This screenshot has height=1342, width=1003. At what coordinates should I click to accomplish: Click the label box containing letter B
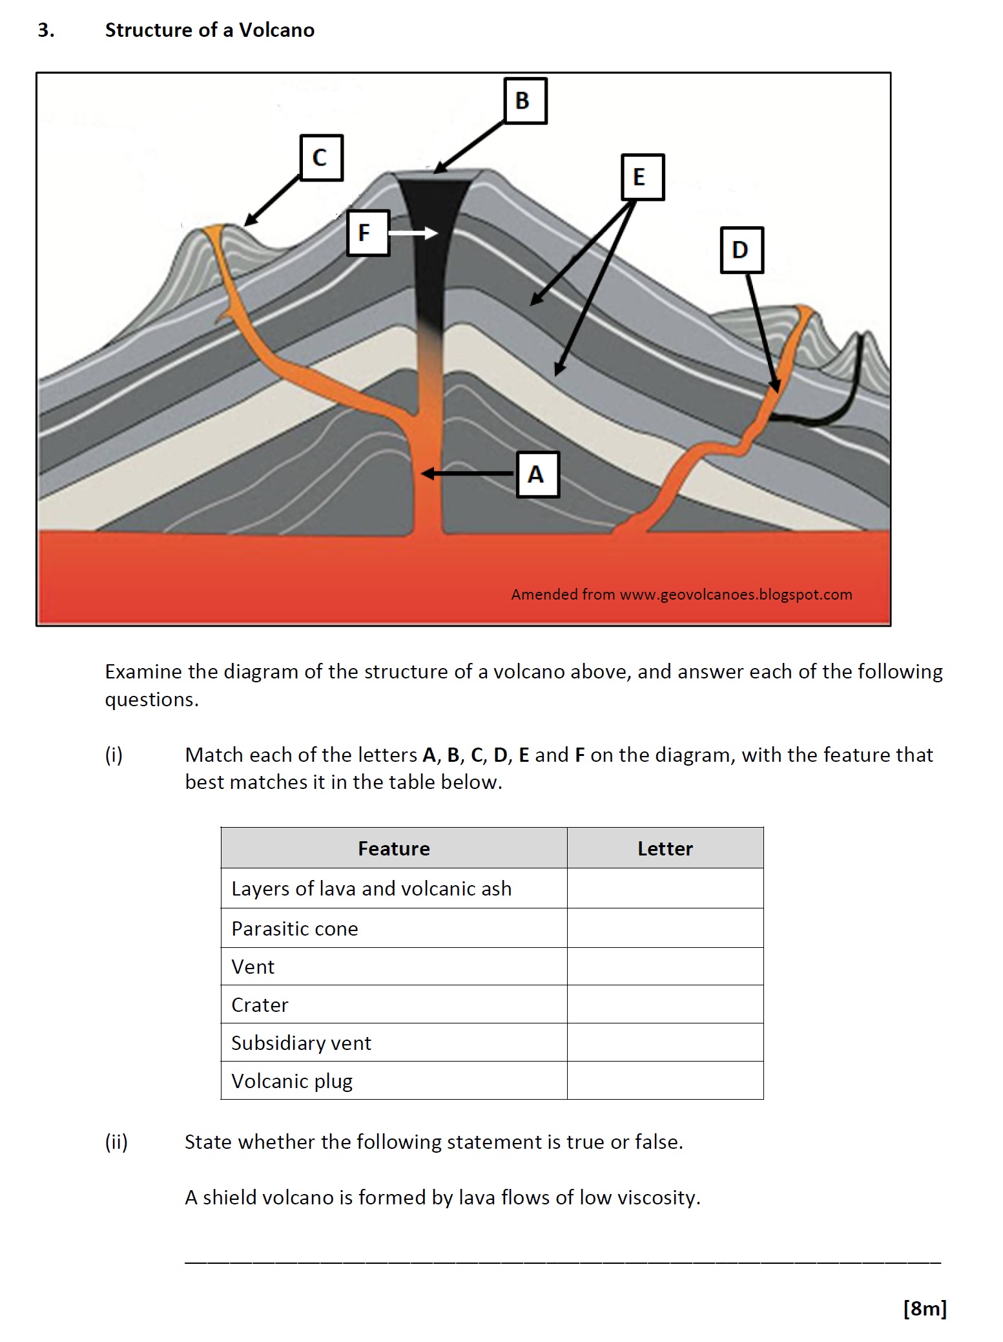524,101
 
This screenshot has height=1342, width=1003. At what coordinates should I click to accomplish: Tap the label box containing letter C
321,158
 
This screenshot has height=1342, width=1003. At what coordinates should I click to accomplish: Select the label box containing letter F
367,233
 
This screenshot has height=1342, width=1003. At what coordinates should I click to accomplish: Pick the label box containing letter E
642,177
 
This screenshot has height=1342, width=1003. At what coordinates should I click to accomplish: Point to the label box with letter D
741,250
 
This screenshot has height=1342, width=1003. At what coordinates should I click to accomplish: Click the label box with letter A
537,475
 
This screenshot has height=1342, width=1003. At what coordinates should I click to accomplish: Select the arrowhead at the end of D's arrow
776,386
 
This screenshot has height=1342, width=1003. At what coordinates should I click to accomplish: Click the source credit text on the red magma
681,594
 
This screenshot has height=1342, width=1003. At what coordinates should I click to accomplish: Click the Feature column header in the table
393,848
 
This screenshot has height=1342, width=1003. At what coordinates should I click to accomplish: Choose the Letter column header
665,848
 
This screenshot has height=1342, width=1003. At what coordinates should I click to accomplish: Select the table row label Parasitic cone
295,928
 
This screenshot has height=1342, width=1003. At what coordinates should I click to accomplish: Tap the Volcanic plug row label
292,1081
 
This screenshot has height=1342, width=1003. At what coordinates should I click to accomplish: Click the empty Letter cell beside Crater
665,1004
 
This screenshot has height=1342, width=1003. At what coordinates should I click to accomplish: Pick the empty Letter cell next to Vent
665,967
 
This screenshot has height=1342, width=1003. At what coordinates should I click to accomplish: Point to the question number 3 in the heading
45,30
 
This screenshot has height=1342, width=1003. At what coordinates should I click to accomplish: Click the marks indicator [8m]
924,1308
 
